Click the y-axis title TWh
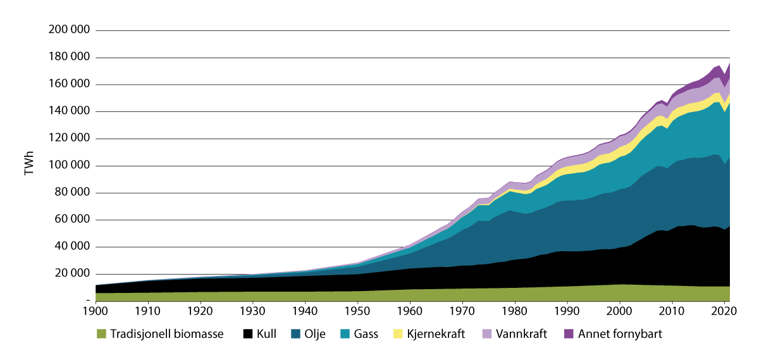click(29, 165)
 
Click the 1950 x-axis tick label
click(357, 312)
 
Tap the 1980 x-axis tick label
click(515, 312)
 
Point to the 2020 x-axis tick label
click(724, 312)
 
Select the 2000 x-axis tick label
click(619, 312)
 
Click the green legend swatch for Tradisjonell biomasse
click(101, 333)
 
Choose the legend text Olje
click(314, 333)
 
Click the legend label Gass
click(366, 333)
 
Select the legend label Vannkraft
click(522, 333)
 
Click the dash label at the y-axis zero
click(88, 301)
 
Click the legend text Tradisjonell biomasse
click(167, 333)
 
